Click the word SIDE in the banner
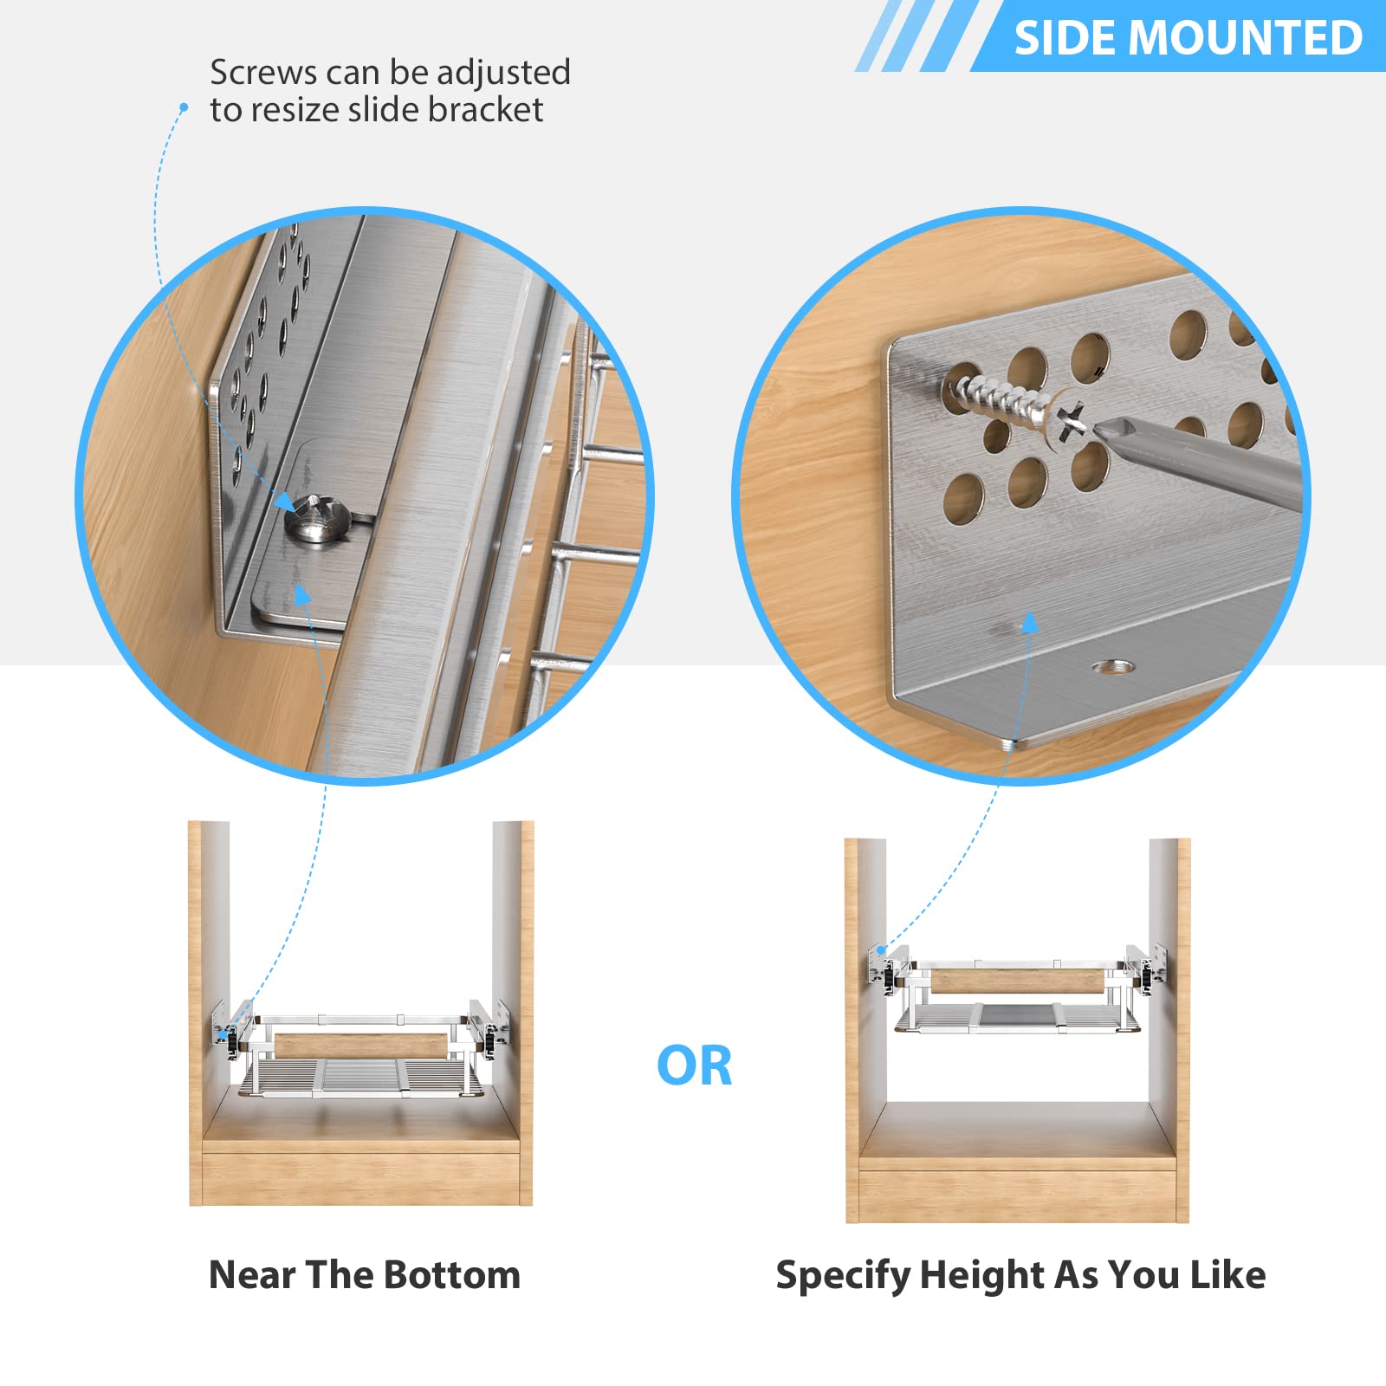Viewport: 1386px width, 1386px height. point(1064,38)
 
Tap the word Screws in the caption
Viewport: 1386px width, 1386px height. point(263,73)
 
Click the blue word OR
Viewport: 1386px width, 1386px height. point(694,1065)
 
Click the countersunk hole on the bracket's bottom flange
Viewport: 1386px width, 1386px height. point(1113,667)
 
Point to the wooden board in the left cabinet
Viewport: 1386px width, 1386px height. point(362,1046)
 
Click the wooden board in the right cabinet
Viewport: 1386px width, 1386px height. point(1019,981)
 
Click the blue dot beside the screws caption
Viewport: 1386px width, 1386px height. point(184,107)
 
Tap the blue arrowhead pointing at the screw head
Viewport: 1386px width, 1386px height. point(284,502)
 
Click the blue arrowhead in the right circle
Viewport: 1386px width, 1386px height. point(1030,622)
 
